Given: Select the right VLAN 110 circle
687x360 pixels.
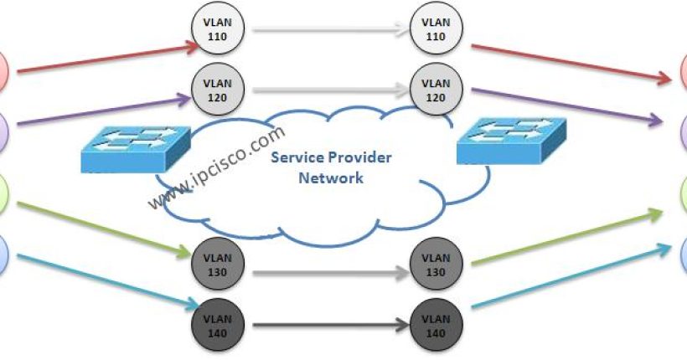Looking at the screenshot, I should click(x=434, y=30).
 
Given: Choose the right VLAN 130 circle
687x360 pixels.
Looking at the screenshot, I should click(x=434, y=261).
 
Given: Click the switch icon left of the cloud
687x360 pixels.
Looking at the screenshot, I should click(x=132, y=149).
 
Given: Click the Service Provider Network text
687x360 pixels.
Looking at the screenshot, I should click(x=332, y=167).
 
